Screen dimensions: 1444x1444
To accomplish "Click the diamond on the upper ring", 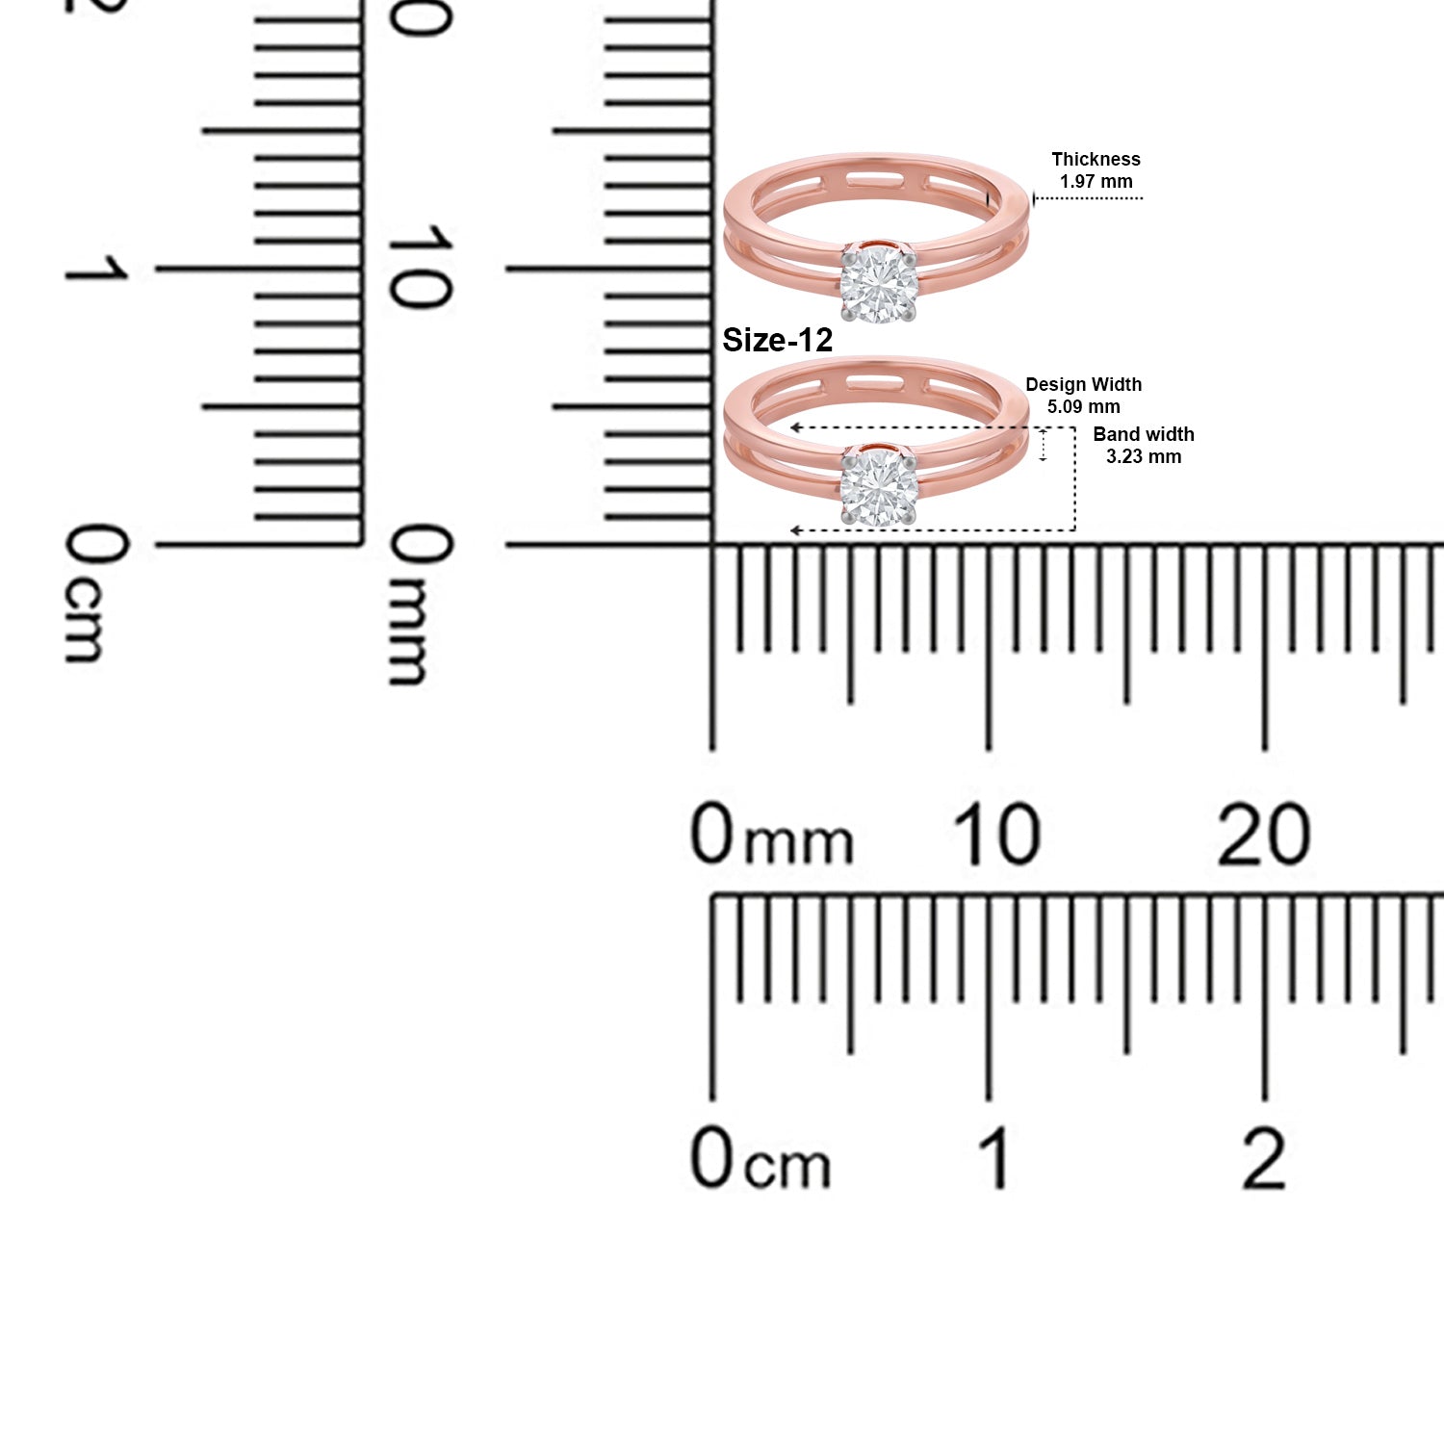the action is tap(879, 284).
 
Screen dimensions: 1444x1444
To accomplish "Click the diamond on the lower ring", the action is tap(879, 488).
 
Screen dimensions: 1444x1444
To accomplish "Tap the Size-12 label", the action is tap(777, 340).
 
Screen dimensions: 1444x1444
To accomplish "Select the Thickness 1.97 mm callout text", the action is tap(1096, 170).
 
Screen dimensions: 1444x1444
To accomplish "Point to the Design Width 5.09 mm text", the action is tap(1084, 396).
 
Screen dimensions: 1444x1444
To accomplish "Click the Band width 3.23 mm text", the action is tap(1144, 446).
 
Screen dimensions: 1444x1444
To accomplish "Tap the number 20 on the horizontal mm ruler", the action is tap(1264, 835).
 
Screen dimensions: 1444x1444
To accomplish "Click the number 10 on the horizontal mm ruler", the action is tap(996, 835).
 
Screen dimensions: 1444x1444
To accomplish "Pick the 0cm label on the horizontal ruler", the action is tap(761, 1158).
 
